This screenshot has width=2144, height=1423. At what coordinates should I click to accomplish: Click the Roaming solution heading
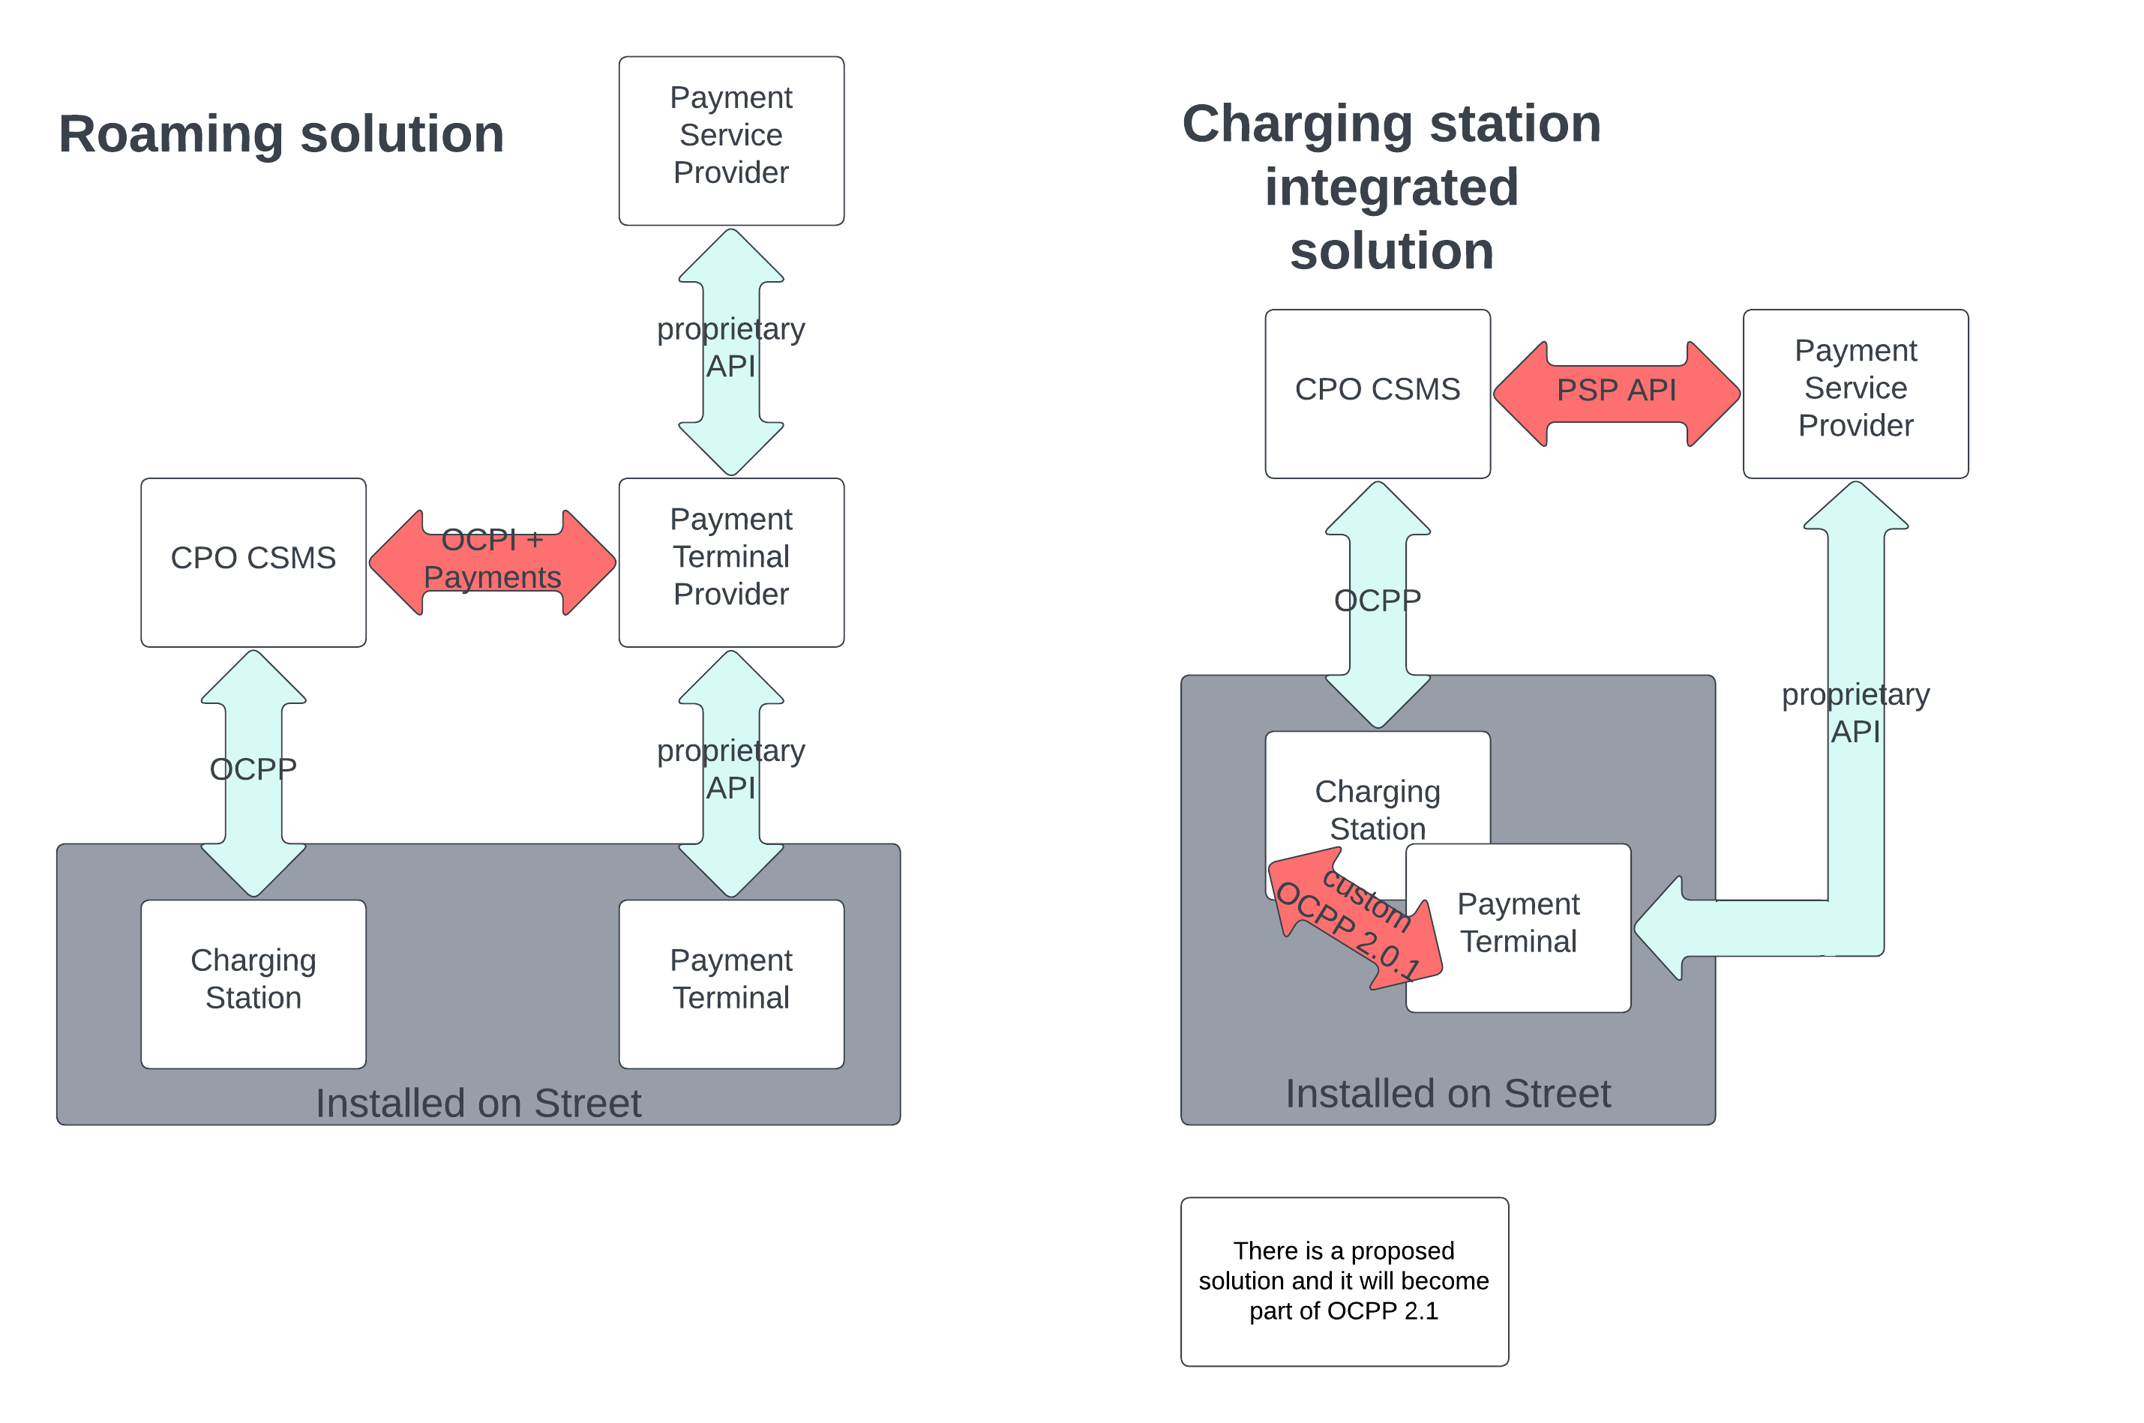pyautogui.click(x=280, y=134)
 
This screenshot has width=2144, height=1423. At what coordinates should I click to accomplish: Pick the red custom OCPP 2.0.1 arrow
pyautogui.click(x=1353, y=918)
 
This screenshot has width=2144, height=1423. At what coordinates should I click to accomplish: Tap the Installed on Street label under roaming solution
pyautogui.click(x=478, y=1103)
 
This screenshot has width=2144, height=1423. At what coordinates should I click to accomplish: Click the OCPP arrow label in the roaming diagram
pyautogui.click(x=253, y=768)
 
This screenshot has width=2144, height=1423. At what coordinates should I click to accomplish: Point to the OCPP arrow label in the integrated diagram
pyautogui.click(x=1377, y=600)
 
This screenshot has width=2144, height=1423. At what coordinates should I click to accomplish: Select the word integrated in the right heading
pyautogui.click(x=1390, y=188)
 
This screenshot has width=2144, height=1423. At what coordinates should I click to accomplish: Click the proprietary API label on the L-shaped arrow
pyautogui.click(x=1855, y=712)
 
